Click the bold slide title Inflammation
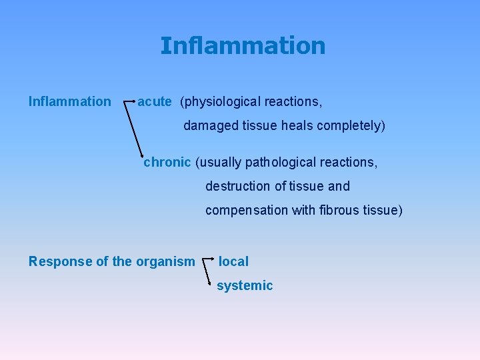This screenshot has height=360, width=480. point(243,45)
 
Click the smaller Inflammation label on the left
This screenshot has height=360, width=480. point(69,101)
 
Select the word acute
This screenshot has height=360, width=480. point(154,101)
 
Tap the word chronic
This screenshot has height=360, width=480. point(167,162)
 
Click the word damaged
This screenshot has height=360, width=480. point(208,125)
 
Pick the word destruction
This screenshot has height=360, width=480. point(237,186)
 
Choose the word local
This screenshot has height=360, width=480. point(233,261)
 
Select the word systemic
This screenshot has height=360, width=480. point(245,285)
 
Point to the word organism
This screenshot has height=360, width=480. point(165,261)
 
